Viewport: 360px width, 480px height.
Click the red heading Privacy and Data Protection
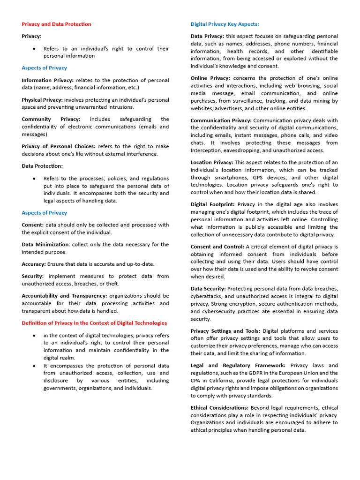56,24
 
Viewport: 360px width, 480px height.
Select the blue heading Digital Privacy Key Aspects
225,24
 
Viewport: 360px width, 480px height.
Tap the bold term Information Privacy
47,80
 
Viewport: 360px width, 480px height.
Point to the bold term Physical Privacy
42,100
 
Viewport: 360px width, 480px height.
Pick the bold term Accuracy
33,264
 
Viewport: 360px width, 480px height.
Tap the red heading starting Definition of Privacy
94,322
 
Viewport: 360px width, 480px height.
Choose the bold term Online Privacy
210,78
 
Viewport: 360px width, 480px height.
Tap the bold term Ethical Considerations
220,407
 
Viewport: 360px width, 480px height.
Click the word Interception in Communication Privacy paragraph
207,150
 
